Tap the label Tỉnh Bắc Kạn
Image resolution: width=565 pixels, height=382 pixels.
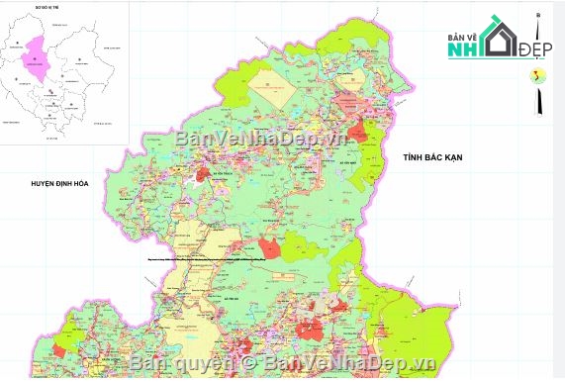433,157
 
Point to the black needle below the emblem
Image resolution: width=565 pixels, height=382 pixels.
537,101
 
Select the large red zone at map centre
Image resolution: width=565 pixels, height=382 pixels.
269,247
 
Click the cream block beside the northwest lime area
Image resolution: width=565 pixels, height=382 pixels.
269,84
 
